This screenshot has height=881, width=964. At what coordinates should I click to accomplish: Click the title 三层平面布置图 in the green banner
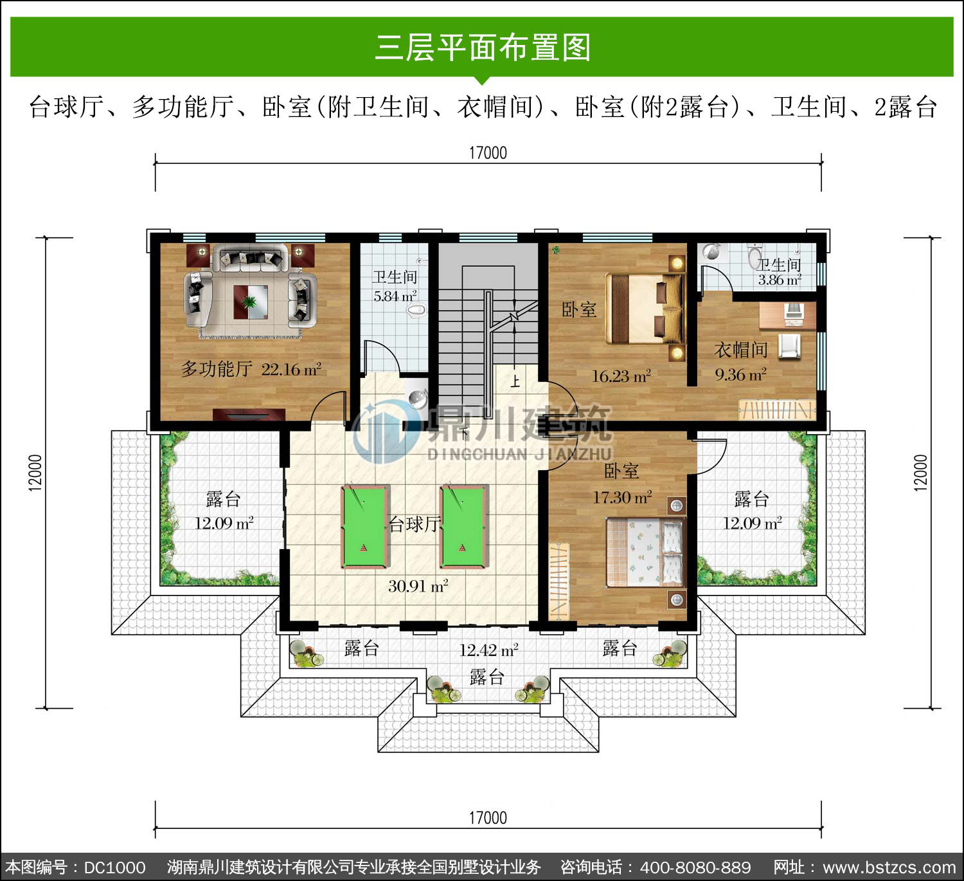click(483, 48)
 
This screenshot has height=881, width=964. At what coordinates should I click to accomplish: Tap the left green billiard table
click(365, 526)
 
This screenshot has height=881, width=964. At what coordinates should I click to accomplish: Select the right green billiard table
click(464, 526)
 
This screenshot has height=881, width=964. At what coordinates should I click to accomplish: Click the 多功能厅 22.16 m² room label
click(251, 369)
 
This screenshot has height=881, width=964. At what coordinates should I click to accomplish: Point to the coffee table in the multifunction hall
click(251, 302)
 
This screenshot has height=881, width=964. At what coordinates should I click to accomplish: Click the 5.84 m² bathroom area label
click(395, 296)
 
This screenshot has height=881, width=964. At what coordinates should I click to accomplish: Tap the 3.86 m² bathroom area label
click(780, 279)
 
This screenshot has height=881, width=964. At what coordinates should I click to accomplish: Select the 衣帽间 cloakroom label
click(740, 350)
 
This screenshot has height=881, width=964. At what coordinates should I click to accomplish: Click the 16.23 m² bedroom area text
click(621, 376)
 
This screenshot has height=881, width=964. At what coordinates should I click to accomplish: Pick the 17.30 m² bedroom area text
click(622, 496)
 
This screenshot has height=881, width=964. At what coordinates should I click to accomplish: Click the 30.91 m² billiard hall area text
click(418, 586)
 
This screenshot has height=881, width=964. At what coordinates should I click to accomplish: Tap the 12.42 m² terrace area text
click(488, 650)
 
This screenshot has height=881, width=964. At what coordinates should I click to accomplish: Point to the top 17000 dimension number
click(488, 153)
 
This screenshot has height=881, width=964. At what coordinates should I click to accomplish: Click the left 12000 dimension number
click(35, 473)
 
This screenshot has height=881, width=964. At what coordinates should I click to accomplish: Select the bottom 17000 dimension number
click(488, 817)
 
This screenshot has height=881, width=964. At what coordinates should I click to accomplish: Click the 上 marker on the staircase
click(515, 381)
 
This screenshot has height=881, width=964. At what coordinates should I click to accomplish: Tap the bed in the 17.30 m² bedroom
click(645, 552)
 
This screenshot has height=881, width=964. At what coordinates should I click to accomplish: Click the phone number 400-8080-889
click(695, 867)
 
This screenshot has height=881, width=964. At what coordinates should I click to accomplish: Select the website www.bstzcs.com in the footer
click(889, 867)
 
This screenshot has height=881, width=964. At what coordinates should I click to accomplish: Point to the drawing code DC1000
click(114, 867)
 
